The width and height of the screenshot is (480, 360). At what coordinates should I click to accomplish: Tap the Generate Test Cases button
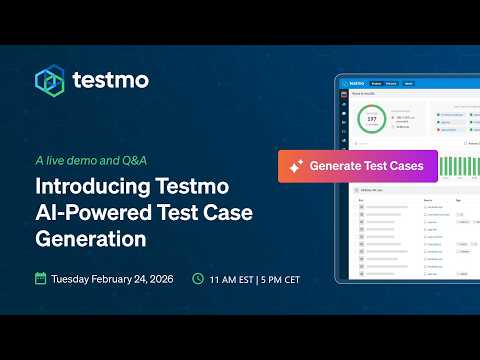tap(357, 165)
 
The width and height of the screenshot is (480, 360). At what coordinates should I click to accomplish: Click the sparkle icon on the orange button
tap(296, 166)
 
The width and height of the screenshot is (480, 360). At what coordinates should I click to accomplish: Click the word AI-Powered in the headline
tap(80, 213)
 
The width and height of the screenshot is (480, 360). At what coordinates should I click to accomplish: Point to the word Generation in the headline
tap(90, 240)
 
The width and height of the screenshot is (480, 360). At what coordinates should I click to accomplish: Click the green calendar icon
tap(41, 278)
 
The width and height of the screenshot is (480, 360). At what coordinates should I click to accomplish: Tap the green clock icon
tap(198, 278)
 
